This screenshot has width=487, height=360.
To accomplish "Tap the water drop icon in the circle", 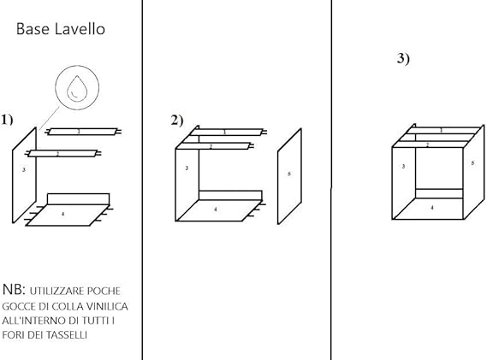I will (x=77, y=88).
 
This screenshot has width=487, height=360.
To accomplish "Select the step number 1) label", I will (x=8, y=119).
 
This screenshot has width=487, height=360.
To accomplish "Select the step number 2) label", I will (x=177, y=120).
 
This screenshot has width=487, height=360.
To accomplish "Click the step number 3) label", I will (x=403, y=58).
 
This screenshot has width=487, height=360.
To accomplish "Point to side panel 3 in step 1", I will (x=24, y=171).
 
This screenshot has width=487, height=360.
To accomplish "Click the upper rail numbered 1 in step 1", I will (x=81, y=132).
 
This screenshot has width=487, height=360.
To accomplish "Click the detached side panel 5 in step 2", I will (x=289, y=175).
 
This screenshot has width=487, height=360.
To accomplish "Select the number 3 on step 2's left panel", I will (x=187, y=168).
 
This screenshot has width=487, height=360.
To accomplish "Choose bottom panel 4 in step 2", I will (x=216, y=209).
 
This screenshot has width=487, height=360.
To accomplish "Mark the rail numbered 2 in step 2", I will (x=211, y=146).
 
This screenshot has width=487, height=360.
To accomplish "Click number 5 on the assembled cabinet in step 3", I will (x=472, y=163).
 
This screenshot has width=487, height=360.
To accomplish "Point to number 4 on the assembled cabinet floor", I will (x=431, y=207).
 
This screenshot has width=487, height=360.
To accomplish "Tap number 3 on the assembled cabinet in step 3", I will (x=403, y=167).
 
